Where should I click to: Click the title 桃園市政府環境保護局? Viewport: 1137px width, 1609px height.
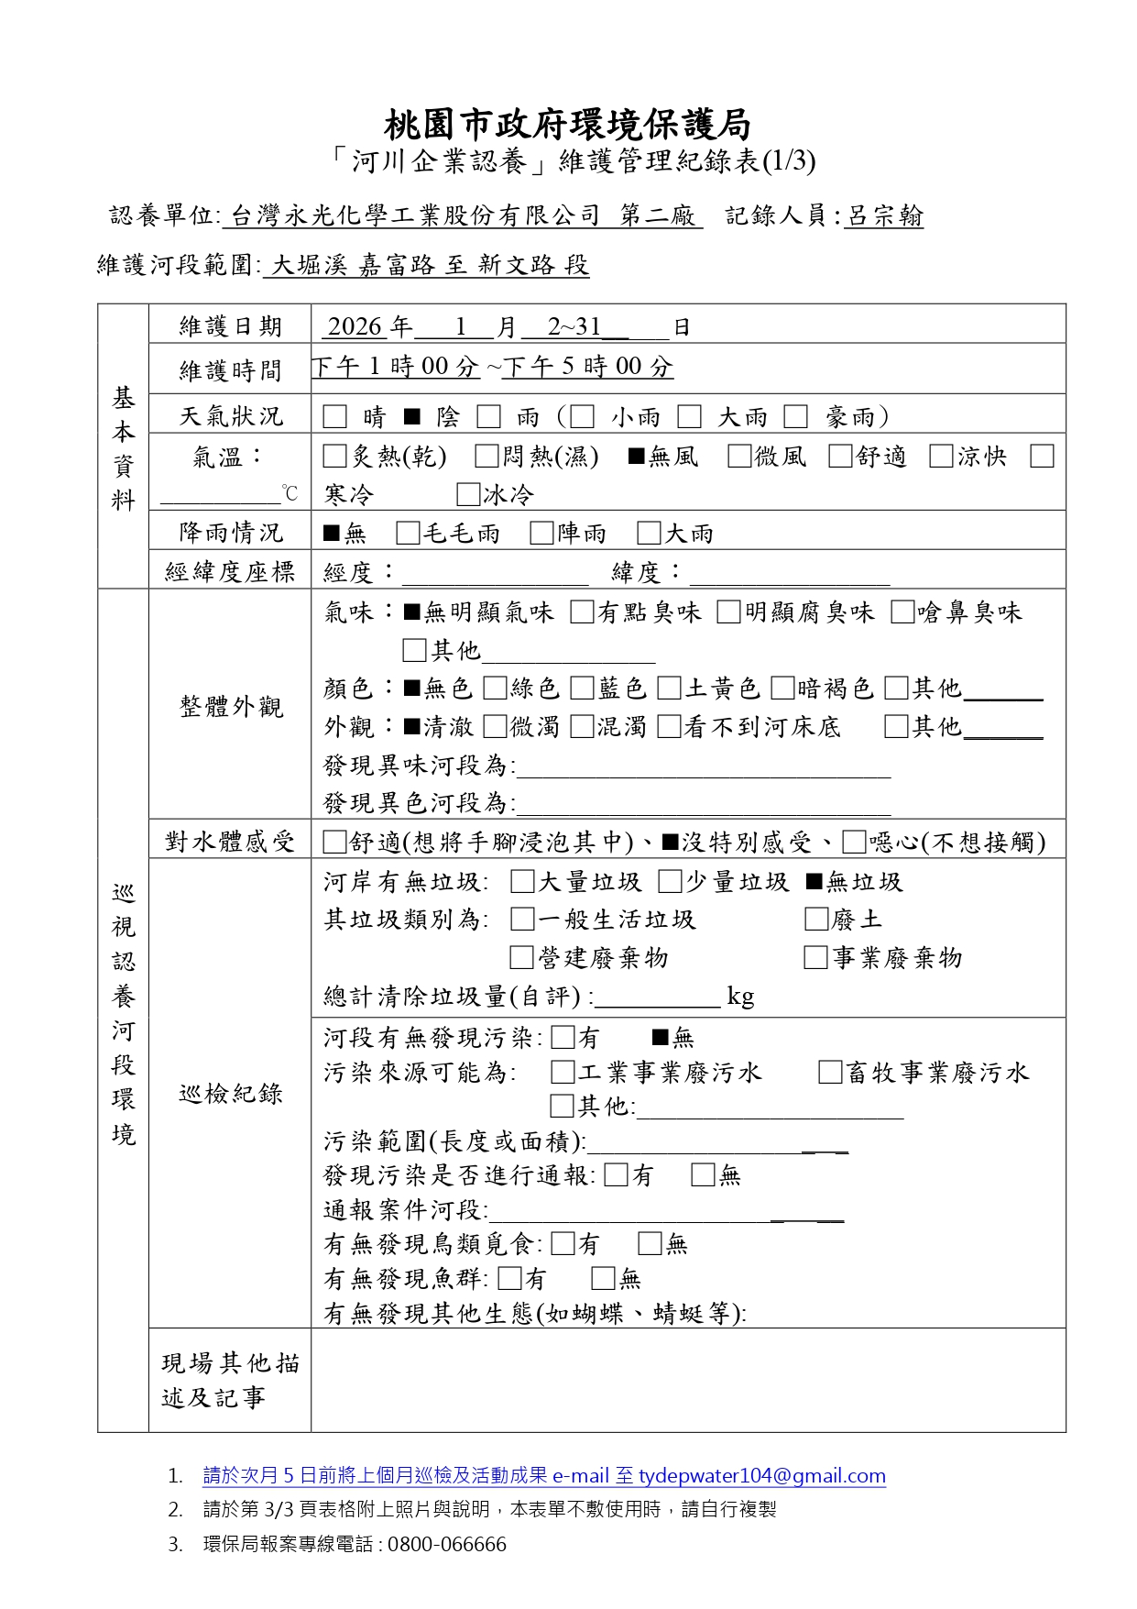567,124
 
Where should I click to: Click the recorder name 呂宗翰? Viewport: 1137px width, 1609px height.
883,216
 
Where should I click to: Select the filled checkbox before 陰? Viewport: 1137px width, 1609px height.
412,417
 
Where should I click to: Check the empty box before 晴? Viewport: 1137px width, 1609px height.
334,417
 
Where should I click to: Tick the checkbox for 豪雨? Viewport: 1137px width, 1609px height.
795,417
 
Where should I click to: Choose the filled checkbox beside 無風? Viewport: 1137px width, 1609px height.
636,457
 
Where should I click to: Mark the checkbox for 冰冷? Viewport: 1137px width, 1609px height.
467,495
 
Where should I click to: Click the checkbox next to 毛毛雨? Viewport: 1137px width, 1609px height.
408,534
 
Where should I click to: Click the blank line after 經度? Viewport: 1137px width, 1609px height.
495,575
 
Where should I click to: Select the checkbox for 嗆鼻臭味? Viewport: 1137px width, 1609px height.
902,612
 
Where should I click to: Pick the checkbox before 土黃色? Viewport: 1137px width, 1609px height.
669,689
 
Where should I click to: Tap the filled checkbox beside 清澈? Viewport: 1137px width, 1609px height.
412,727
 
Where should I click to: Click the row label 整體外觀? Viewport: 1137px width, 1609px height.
231,707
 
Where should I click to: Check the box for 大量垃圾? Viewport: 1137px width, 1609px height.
522,882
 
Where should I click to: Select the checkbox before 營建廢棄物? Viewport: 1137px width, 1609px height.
521,958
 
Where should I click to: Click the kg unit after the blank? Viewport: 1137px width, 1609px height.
740,997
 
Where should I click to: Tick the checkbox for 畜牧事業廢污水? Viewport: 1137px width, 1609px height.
830,1073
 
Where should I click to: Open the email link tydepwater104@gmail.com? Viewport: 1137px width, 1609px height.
761,1476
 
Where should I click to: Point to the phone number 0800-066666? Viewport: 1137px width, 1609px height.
447,1545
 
